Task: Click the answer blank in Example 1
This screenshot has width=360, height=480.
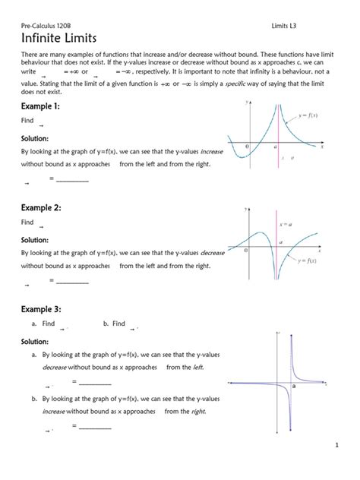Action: (73, 180)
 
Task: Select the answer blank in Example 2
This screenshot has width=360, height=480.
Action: (73, 282)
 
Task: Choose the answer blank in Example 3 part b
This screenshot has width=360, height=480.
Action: (95, 428)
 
